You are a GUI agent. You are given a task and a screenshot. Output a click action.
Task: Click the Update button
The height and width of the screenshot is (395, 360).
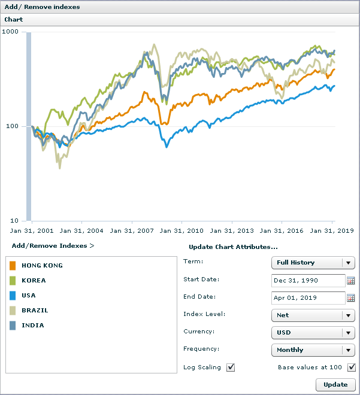coord(335,384)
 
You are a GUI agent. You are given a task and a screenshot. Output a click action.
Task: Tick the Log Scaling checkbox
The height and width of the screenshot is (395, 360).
coord(231,367)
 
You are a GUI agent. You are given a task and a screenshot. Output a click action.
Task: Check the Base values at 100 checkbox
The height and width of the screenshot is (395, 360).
coord(352,367)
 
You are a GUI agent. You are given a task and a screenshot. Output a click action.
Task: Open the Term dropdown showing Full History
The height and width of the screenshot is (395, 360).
coord(313,262)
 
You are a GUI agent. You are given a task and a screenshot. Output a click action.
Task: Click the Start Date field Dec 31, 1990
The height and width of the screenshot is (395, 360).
coord(307,280)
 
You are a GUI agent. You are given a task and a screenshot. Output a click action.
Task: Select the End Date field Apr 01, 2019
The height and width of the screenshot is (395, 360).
coord(307,297)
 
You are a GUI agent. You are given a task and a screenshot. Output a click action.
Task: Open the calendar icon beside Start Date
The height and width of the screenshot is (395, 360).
coord(351,280)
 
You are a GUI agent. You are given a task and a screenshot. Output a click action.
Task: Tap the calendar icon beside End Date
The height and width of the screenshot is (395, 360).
coord(351,297)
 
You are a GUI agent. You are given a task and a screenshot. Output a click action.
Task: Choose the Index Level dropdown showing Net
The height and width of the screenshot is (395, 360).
coord(313,315)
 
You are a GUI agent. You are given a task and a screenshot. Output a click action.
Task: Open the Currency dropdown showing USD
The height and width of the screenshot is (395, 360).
coord(313,332)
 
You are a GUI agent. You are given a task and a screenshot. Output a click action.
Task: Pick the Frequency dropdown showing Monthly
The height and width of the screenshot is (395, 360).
coord(313,350)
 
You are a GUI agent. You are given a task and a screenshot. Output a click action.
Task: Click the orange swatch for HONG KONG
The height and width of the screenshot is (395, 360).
coord(13,265)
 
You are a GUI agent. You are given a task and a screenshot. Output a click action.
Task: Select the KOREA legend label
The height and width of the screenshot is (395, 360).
coord(34,280)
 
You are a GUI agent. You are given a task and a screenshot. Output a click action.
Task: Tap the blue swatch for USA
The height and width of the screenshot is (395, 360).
coord(13,295)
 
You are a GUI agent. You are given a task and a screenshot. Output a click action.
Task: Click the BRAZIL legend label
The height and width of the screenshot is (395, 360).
coord(35,310)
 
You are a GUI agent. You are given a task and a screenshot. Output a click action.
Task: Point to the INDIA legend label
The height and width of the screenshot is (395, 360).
coord(33,325)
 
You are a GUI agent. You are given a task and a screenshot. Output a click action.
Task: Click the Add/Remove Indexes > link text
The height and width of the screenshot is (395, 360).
coord(53,245)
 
